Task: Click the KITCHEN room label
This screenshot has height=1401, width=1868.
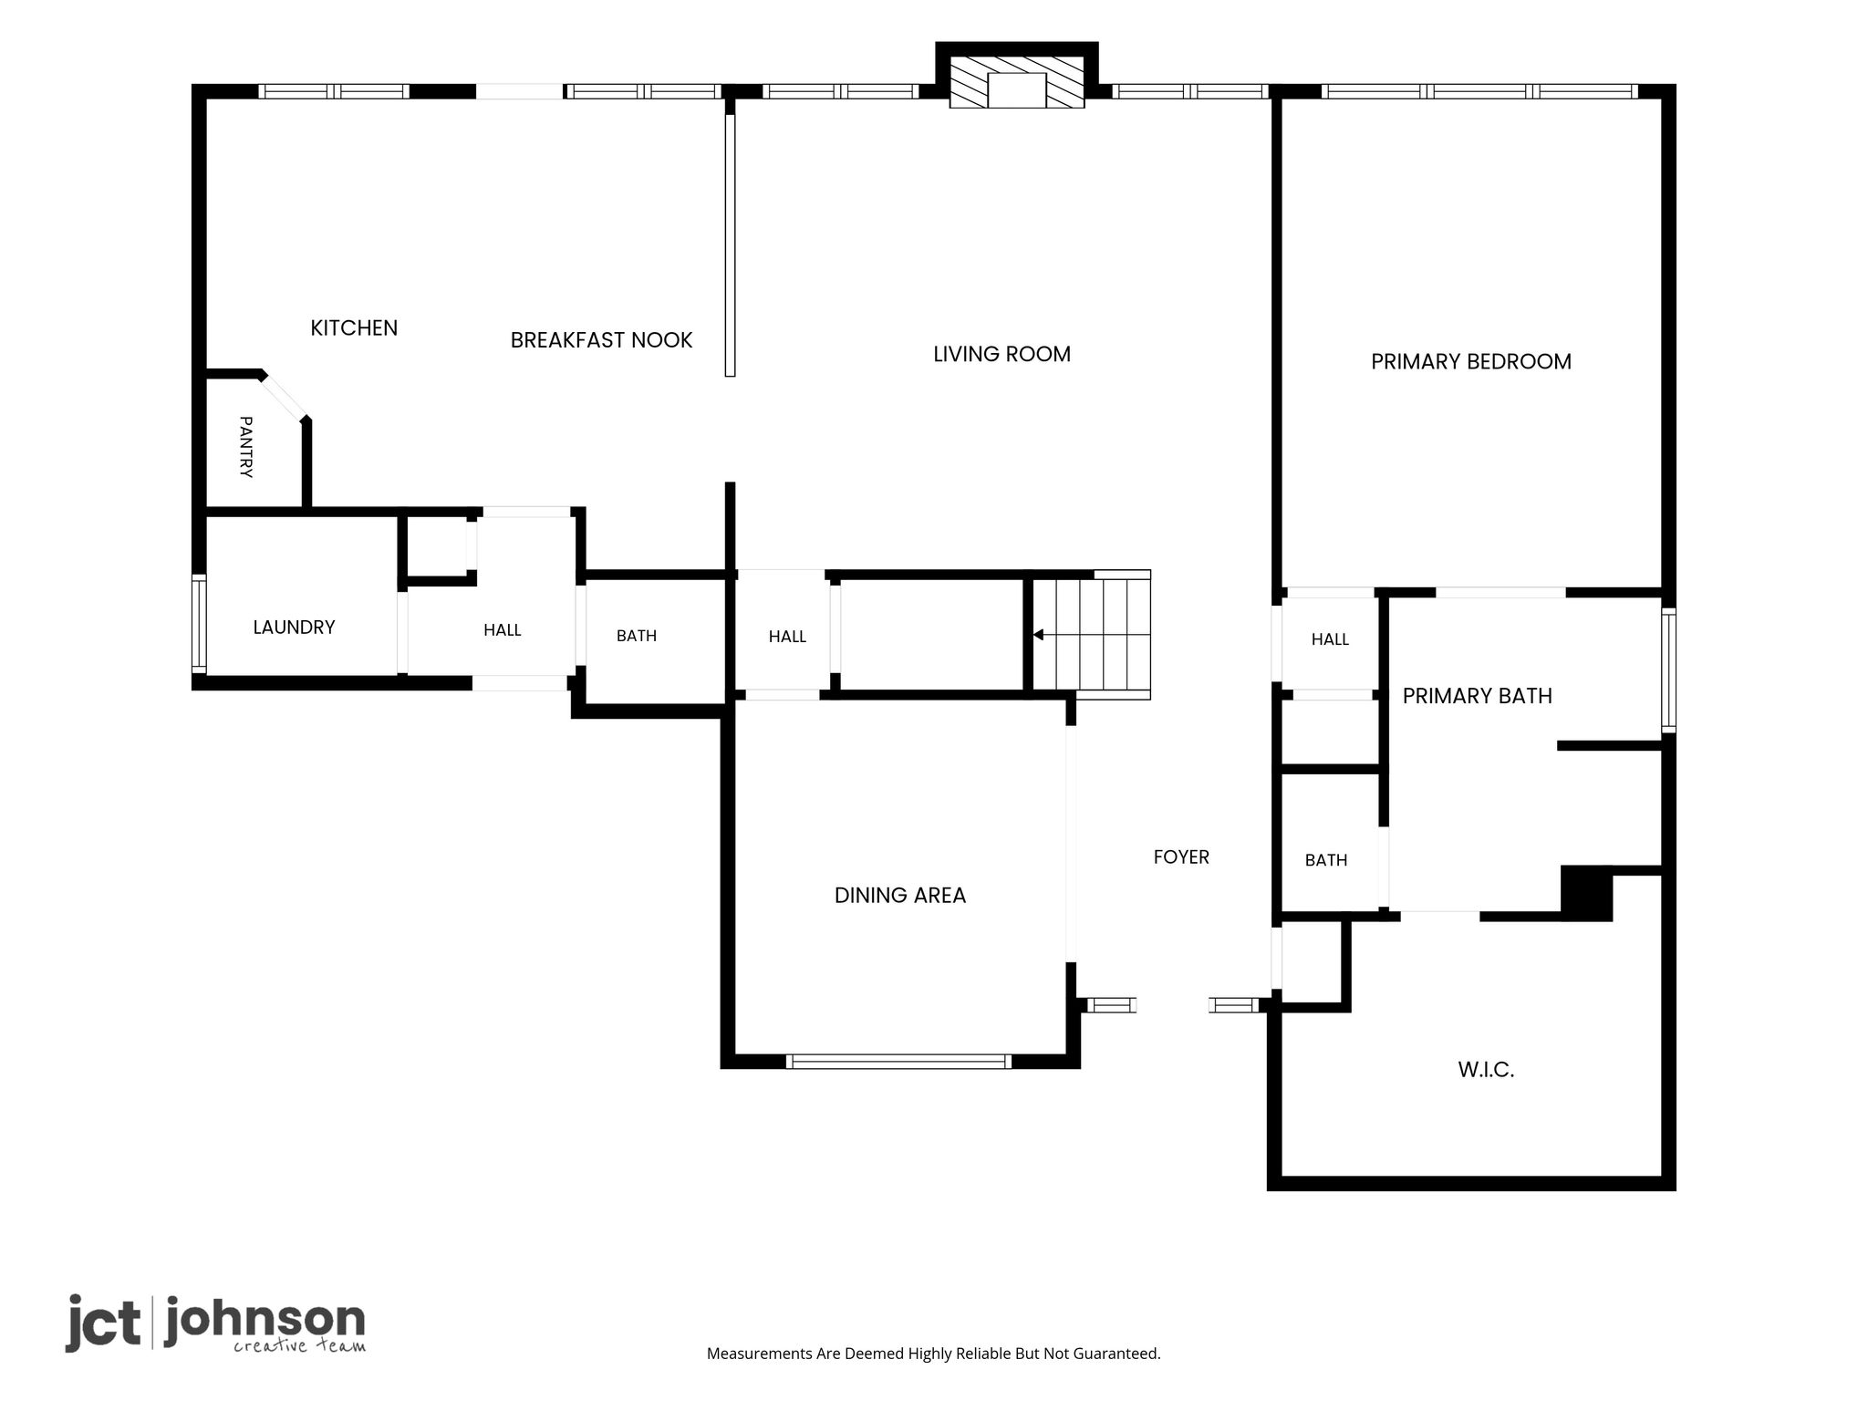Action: click(x=354, y=328)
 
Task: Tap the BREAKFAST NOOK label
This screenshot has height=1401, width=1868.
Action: click(x=601, y=340)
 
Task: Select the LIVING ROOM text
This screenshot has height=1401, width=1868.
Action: click(x=1001, y=354)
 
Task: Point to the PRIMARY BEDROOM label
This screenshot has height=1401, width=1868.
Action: click(x=1471, y=362)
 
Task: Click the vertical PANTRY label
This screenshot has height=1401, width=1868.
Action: click(x=245, y=447)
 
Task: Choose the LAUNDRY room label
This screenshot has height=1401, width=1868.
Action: click(x=294, y=628)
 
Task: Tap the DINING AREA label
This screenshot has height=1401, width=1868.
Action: click(x=900, y=896)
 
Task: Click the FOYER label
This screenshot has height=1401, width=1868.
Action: click(x=1181, y=857)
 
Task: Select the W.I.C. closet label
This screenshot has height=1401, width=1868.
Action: click(x=1486, y=1070)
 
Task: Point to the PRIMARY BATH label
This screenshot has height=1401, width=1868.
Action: click(x=1477, y=697)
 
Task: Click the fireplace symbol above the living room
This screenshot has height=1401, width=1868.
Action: click(x=1017, y=82)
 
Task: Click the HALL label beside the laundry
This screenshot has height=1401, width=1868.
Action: click(x=503, y=630)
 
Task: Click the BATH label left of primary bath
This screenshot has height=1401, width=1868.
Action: click(x=1326, y=860)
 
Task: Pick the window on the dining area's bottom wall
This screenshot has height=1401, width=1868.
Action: click(x=898, y=1062)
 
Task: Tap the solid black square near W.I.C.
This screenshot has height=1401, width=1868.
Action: click(x=1587, y=893)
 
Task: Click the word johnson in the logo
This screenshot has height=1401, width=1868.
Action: click(x=265, y=1322)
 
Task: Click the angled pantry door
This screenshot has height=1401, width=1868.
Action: click(x=284, y=397)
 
